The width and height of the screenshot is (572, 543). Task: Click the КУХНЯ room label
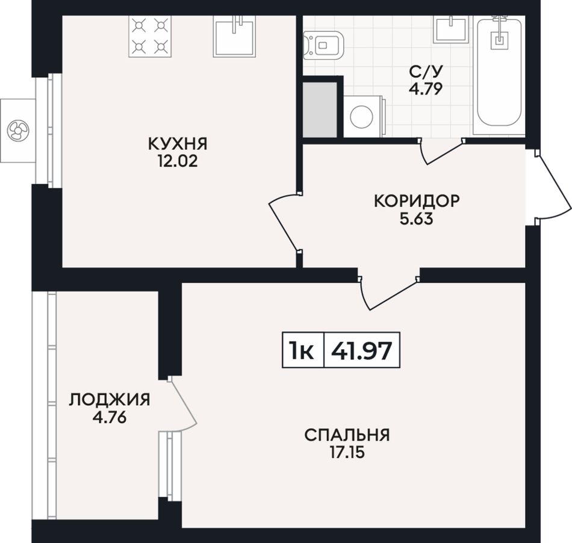[x=178, y=144]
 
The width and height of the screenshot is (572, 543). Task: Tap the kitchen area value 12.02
[x=178, y=161]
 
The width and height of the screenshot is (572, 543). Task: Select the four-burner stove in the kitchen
[x=150, y=36]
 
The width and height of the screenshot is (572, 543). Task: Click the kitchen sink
[x=234, y=37]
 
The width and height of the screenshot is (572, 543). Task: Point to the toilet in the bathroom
[x=323, y=45]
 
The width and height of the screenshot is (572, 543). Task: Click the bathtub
[x=499, y=71]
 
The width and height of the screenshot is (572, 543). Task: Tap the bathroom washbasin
[x=451, y=29]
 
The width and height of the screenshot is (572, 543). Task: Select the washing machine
[x=363, y=116]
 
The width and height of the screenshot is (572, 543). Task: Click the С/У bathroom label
[x=426, y=72]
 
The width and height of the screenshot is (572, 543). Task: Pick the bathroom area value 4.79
[x=426, y=88]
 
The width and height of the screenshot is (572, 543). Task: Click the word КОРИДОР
[x=417, y=201]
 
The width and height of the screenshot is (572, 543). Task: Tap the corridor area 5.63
[x=417, y=219]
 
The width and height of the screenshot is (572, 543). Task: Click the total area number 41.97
[x=361, y=350]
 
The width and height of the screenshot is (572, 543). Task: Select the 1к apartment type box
[x=303, y=350]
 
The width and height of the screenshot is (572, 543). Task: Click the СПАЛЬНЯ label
[x=347, y=435]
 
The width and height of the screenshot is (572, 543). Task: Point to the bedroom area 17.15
[x=347, y=453]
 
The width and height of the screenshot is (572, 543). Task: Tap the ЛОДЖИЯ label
[x=110, y=400]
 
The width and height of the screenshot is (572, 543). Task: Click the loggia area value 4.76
[x=110, y=417]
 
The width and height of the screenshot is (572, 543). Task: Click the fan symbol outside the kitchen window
[x=18, y=131]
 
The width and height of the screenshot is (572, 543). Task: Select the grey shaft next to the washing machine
[x=320, y=110]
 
